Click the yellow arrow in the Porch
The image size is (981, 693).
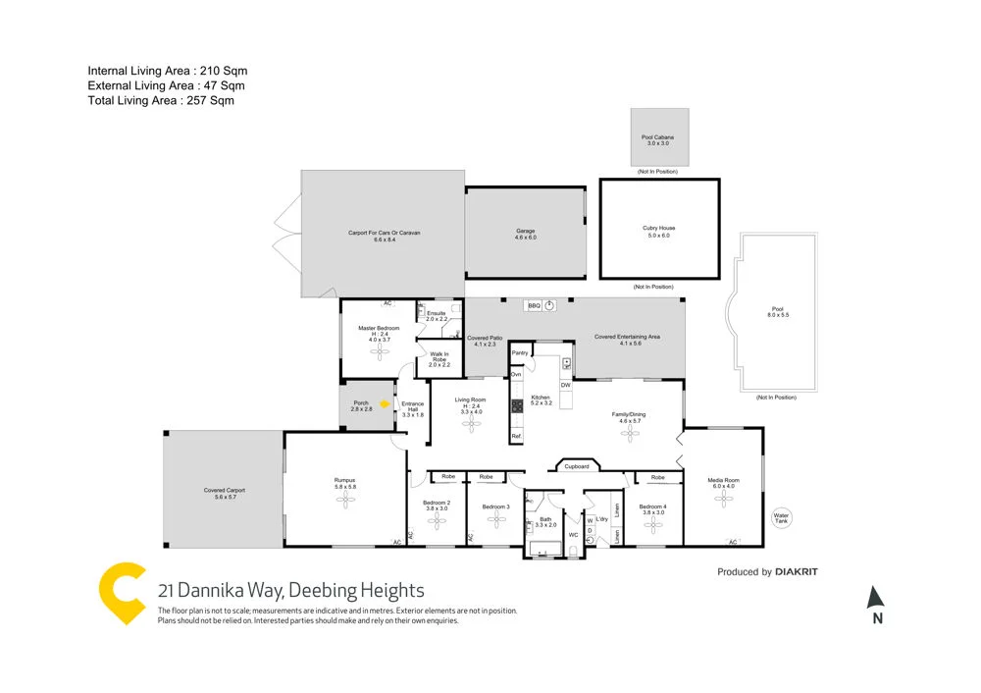tap(386, 402)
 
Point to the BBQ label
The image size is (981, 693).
tap(535, 306)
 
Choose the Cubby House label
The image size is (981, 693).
tap(658, 228)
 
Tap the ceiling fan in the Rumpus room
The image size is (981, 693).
tap(345, 500)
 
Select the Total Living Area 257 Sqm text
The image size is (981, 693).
tap(161, 100)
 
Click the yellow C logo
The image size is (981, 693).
tap(124, 593)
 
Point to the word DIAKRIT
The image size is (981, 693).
tap(797, 572)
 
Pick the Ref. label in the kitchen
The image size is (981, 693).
tap(516, 436)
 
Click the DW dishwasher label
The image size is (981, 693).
tap(566, 385)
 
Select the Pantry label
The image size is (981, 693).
tap(520, 352)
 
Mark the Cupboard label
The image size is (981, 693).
tap(577, 466)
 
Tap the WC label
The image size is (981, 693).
tap(573, 535)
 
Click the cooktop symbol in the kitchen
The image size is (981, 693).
tap(516, 405)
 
